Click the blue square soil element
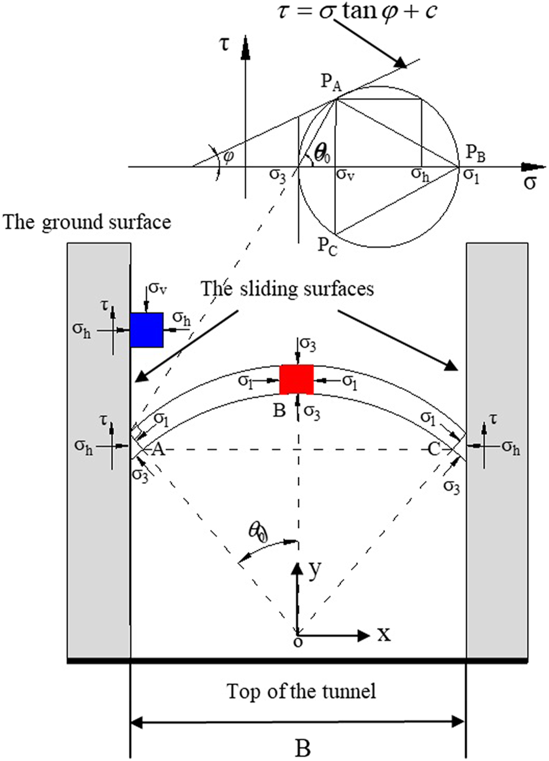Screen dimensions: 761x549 pyautogui.click(x=147, y=330)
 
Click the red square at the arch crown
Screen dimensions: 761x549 pyautogui.click(x=296, y=380)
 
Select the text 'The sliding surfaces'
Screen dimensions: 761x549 pyautogui.click(x=287, y=289)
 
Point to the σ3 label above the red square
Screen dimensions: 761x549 pyautogui.click(x=309, y=343)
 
